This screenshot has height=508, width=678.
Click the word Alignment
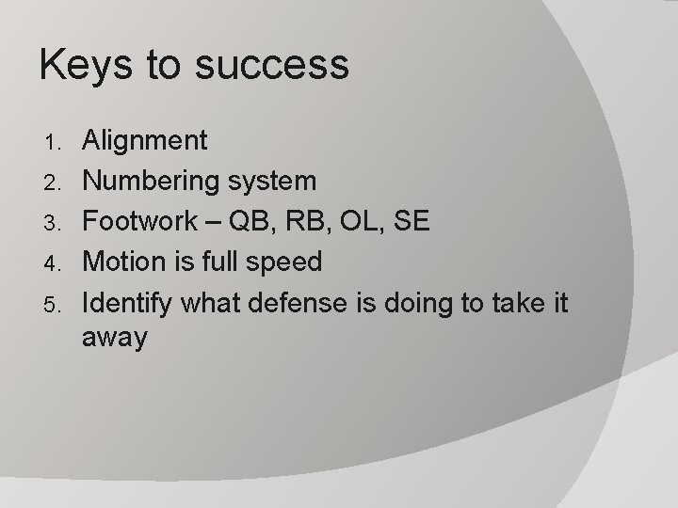(145, 142)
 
